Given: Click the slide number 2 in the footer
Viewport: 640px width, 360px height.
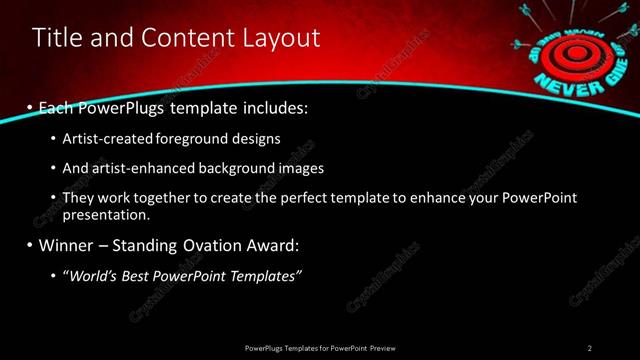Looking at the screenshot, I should pos(590,347).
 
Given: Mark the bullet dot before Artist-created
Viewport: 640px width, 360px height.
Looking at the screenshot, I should pos(53,138).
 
